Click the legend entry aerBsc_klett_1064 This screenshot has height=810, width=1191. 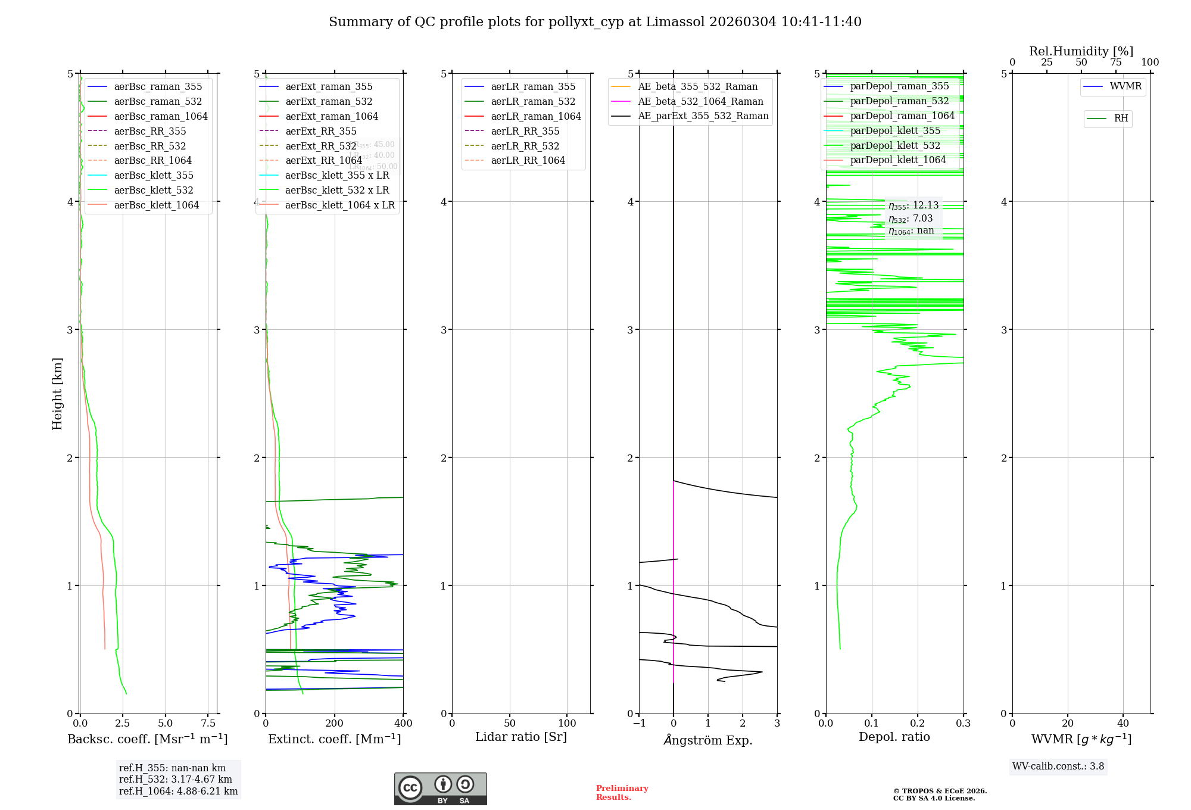pyautogui.click(x=156, y=205)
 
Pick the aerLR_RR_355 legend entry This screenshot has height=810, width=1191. pyautogui.click(x=525, y=131)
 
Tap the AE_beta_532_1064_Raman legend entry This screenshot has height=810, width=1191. pyautogui.click(x=700, y=101)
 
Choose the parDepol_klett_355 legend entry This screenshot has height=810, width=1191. pyautogui.click(x=895, y=130)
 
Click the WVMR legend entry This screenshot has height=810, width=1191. pyautogui.click(x=1125, y=86)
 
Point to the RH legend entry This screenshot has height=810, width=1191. pyautogui.click(x=1121, y=119)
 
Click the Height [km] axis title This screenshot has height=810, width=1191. pyautogui.click(x=57, y=394)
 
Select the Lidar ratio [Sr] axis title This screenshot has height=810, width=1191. pyautogui.click(x=521, y=737)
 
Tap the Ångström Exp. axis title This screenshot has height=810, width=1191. pyautogui.click(x=708, y=740)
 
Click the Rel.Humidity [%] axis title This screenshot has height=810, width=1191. pyautogui.click(x=1081, y=51)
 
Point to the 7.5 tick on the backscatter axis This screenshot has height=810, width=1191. pyautogui.click(x=208, y=723)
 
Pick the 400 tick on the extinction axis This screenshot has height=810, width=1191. pyautogui.click(x=403, y=723)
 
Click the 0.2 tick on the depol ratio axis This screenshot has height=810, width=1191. pyautogui.click(x=918, y=723)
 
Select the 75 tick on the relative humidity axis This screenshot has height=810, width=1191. pyautogui.click(x=1115, y=62)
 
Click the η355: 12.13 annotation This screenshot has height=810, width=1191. pyautogui.click(x=913, y=205)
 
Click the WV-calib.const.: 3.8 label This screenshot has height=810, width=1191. pyautogui.click(x=1058, y=766)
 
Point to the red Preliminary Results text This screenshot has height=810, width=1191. pyautogui.click(x=622, y=793)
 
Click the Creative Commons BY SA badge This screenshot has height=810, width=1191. pyautogui.click(x=440, y=789)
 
